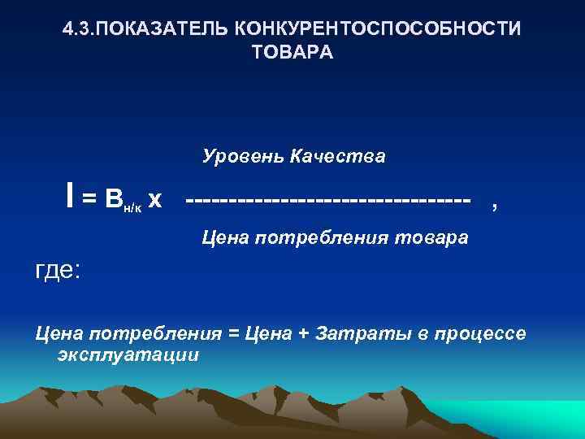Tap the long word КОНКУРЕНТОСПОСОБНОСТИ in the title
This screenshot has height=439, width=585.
coord(379,30)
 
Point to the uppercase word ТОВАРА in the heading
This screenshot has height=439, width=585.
coord(292,52)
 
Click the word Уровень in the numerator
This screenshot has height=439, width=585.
coord(238,155)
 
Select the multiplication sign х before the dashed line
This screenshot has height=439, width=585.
coord(154,198)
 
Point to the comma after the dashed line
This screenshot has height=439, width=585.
coord(495,206)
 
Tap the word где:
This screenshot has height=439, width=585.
coord(57,269)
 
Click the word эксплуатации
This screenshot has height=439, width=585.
coord(128,356)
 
